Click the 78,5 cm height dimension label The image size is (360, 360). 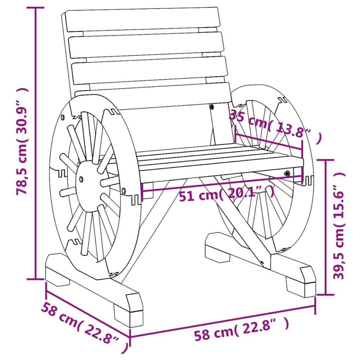click(22, 141)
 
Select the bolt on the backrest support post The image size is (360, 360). click(211, 107)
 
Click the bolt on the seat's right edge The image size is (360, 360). click(287, 173)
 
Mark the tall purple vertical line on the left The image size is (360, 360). click(36, 141)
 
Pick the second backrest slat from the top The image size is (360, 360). click(146, 45)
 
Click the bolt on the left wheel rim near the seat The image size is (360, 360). click(124, 191)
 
